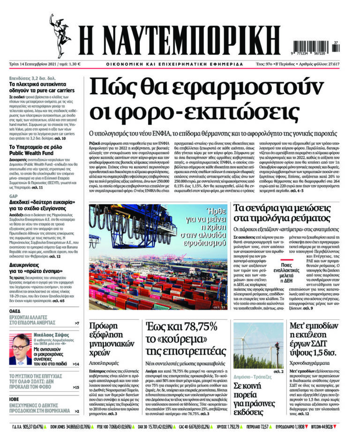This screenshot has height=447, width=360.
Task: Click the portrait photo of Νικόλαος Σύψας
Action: pyautogui.click(x=20, y=349)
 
